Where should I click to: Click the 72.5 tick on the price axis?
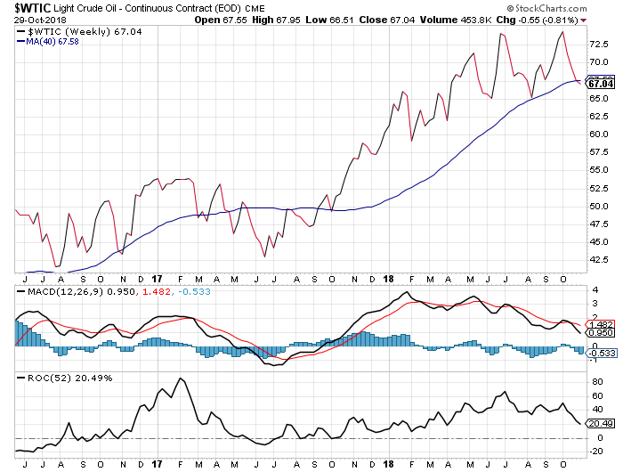point(598,44)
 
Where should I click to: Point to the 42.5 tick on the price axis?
point(598,260)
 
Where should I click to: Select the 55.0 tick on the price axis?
point(598,170)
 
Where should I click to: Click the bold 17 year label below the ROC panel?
point(157,463)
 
